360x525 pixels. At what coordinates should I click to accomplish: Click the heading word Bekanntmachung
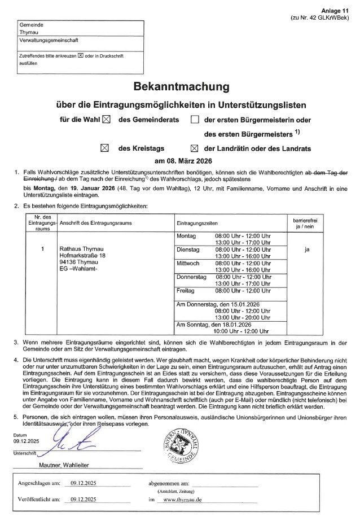point(181,87)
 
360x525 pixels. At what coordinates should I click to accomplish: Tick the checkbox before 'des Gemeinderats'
point(107,120)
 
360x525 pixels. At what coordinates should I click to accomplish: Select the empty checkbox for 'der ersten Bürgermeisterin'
point(195,120)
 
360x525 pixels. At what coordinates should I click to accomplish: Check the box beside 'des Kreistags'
point(104,148)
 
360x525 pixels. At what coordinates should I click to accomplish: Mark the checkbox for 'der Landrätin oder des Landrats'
point(195,148)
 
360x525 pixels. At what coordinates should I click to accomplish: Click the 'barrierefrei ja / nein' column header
point(306,221)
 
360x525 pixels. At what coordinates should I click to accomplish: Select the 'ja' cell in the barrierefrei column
point(306,248)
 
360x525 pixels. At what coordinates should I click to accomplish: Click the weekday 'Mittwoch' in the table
point(188,263)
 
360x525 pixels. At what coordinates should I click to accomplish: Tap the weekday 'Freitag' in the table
point(186,290)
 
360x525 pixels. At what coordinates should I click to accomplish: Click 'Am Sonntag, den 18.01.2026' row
point(214,325)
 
